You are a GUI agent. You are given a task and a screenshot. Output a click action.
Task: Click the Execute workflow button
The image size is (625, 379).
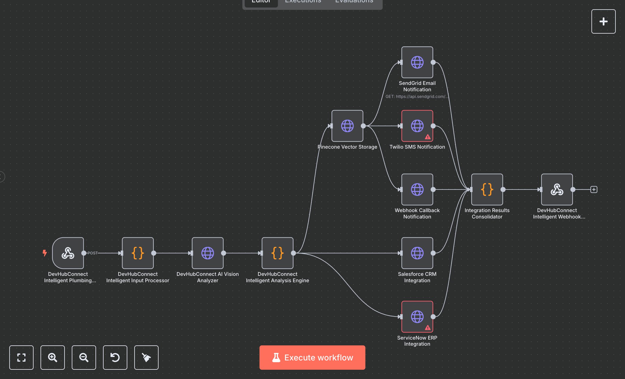point(312,357)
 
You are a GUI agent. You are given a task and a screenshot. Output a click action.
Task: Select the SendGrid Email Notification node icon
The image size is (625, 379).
point(417,62)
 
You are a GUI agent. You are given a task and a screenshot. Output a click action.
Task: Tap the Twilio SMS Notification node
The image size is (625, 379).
point(417,126)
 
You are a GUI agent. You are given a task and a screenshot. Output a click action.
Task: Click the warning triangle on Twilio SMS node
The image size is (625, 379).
point(427,137)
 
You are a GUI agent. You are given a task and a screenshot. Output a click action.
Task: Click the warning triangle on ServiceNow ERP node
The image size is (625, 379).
point(427,328)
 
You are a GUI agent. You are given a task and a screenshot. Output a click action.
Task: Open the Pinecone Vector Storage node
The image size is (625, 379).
point(347,126)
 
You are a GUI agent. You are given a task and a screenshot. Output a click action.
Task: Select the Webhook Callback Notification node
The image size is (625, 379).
point(417,189)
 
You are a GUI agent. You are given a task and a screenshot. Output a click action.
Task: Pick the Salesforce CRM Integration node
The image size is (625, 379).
point(417,253)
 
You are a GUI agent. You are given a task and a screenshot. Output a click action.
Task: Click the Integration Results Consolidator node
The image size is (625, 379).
point(487,189)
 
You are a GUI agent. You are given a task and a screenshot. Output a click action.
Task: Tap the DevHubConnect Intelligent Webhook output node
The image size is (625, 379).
point(557,189)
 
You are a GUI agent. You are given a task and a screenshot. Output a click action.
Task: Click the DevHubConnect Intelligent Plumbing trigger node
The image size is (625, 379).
point(68,253)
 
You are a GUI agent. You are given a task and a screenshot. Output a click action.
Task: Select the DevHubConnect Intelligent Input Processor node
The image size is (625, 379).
point(138,253)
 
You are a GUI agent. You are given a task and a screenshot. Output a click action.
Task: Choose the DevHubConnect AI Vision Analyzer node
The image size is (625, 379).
point(207,253)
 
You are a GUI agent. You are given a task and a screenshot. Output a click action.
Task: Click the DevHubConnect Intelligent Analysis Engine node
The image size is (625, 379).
point(277,253)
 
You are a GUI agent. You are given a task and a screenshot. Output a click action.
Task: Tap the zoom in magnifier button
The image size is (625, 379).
point(52,357)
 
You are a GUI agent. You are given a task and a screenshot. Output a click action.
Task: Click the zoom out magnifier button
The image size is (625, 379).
point(84,357)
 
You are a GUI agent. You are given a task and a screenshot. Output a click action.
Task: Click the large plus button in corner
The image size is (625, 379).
point(603,21)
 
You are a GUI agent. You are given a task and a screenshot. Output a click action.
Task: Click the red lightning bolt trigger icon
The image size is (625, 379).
point(45,253)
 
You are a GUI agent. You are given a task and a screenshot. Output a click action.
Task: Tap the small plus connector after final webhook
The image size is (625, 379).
point(594,189)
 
